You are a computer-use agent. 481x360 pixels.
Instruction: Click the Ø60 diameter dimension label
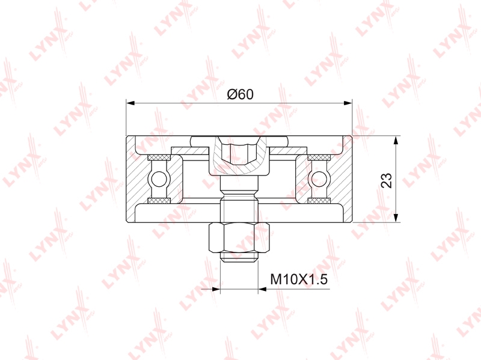240,94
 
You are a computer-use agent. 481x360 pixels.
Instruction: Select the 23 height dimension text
387,180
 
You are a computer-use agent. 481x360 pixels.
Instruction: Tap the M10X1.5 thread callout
299,279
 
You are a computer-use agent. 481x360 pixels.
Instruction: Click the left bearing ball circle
159,179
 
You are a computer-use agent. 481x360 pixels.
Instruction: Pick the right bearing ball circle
319,179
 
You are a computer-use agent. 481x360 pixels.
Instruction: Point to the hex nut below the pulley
239,237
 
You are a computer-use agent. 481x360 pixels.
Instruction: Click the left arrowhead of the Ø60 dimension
130,103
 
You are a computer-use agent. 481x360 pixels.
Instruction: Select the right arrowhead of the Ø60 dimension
348,103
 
